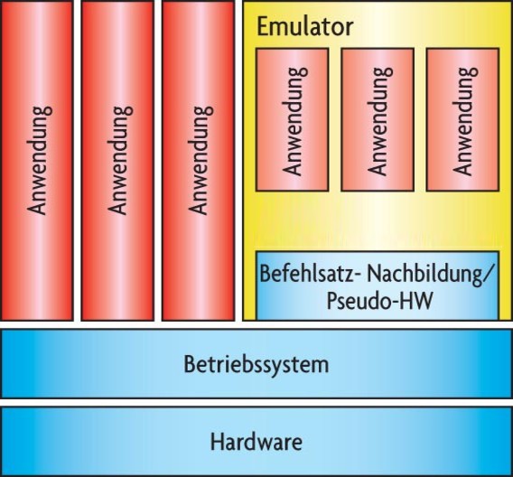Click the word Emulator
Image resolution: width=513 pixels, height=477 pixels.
click(305, 27)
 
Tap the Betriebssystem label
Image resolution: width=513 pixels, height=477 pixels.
click(256, 364)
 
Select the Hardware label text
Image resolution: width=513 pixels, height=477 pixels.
click(256, 442)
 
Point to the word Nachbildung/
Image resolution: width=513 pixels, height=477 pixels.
click(430, 274)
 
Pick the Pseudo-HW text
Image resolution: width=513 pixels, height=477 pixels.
click(379, 300)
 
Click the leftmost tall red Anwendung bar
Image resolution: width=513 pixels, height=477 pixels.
click(37, 161)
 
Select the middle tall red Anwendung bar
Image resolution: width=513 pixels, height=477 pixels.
click(117, 161)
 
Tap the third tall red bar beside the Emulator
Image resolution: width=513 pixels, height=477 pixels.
click(199, 161)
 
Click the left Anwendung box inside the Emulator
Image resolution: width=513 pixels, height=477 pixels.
click(292, 120)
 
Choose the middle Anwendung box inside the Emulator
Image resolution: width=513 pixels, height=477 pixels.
click(378, 120)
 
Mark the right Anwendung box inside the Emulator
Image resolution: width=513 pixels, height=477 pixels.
click(462, 120)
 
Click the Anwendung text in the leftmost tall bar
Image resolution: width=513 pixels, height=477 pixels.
click(39, 160)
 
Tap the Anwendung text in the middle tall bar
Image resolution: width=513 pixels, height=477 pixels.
click(120, 160)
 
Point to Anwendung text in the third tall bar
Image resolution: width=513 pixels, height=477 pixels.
click(201, 160)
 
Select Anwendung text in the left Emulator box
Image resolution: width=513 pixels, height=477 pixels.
click(294, 121)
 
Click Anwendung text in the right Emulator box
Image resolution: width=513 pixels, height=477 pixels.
click(465, 121)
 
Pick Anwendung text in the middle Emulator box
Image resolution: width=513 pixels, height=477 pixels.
click(380, 121)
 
